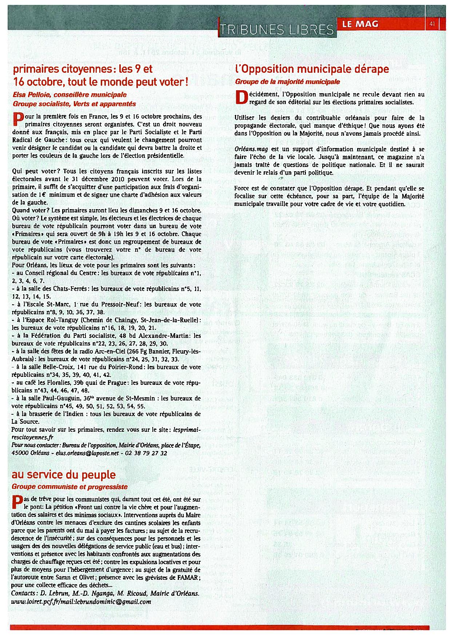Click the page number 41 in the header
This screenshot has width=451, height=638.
(x=432, y=24)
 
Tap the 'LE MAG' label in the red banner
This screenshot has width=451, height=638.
(x=360, y=24)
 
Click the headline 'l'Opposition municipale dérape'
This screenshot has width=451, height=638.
(x=312, y=69)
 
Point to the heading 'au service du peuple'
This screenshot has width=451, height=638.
(x=64, y=474)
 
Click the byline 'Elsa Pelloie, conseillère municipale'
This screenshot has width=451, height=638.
(x=69, y=95)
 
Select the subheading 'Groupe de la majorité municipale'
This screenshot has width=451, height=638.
(x=287, y=81)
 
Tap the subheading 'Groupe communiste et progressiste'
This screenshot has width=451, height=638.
(x=69, y=486)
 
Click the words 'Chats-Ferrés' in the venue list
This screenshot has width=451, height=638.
(x=70, y=288)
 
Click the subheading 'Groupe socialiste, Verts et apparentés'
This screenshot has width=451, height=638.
(x=74, y=104)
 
